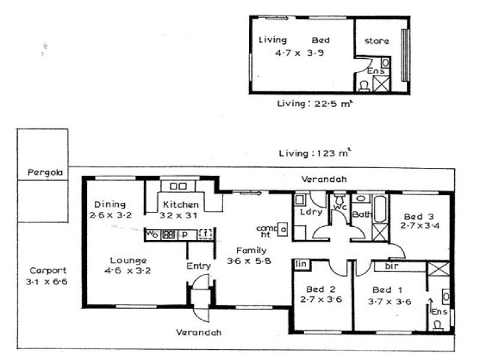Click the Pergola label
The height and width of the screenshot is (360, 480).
pyautogui.click(x=43, y=173)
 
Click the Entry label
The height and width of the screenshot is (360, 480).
pyautogui.click(x=198, y=266)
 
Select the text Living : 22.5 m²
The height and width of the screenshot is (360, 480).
pyautogui.click(x=305, y=103)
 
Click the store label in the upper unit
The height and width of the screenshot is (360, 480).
pyautogui.click(x=377, y=41)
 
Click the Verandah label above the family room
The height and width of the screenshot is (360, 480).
pyautogui.click(x=324, y=179)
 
